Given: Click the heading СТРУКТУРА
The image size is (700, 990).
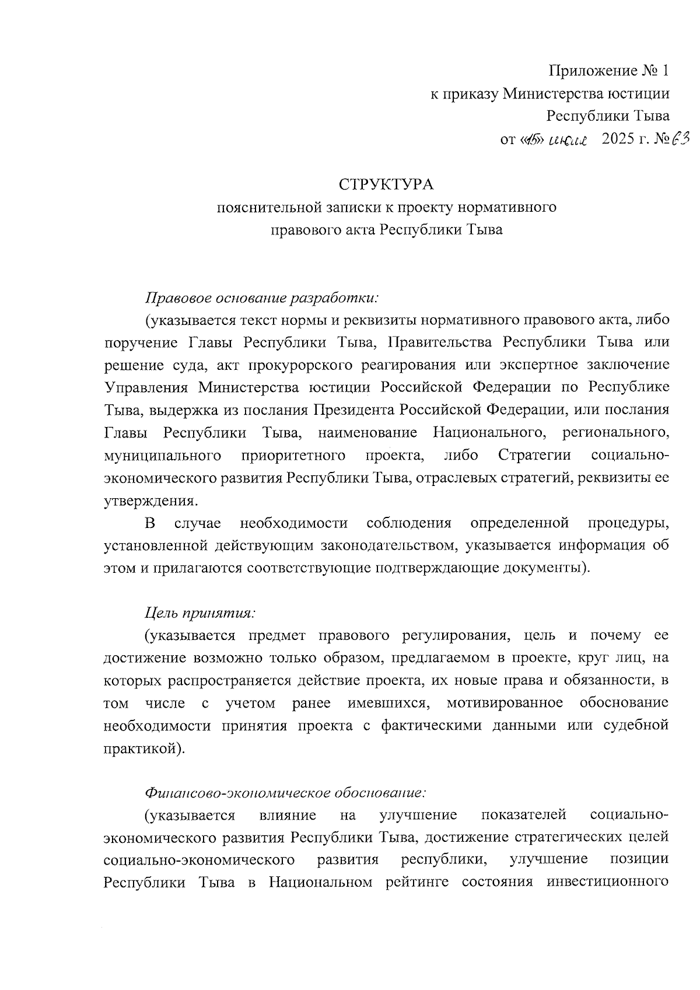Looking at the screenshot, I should pos(386,185).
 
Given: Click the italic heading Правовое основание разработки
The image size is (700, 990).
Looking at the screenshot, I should pos(262,298).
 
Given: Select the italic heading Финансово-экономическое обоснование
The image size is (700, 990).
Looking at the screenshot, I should pos(286,793).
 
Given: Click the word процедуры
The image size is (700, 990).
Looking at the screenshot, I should pos(628,523).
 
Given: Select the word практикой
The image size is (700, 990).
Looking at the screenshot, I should pos(142,748).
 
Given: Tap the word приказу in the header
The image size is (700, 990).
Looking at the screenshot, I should pos(470,93).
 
